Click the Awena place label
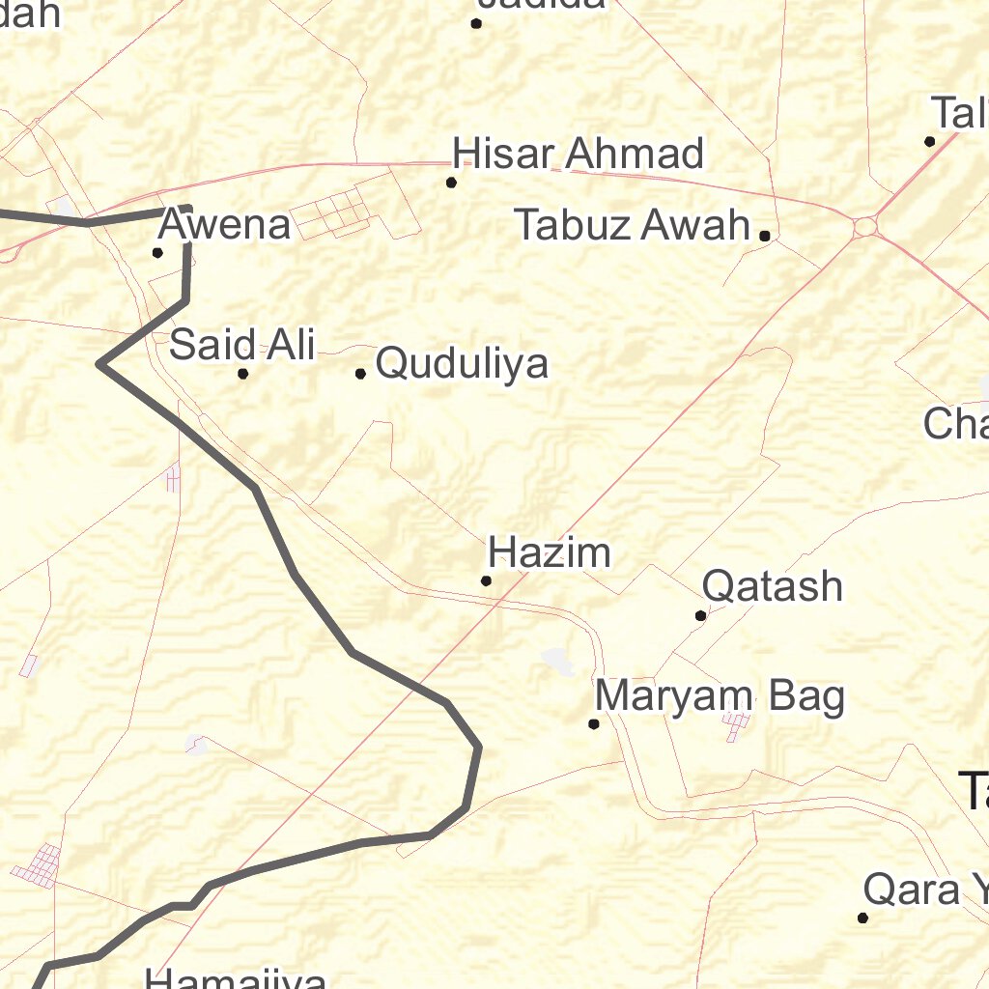224,225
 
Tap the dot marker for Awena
157,253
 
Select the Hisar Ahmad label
579,154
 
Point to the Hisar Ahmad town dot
451,183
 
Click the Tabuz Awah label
633,225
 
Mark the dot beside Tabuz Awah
764,236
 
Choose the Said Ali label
242,345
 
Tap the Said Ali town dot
243,374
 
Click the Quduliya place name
462,364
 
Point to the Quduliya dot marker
360,374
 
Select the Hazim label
550,553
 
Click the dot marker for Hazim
487,580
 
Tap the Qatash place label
773,586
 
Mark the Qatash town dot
701,615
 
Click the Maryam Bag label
720,695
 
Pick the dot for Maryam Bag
594,723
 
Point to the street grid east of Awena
329,212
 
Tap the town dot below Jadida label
476,23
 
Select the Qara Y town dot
862,918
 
